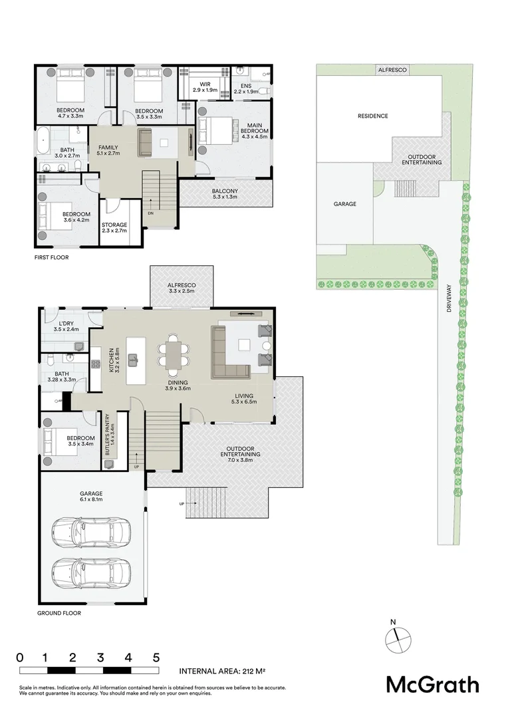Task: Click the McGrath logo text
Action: (432, 684)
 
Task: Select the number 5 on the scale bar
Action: (156, 658)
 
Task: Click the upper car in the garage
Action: (91, 532)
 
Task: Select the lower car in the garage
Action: (91, 572)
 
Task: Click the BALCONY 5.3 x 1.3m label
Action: (226, 194)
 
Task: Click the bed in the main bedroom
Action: (217, 130)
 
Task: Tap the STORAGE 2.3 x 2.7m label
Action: (114, 228)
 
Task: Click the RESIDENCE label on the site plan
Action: (372, 116)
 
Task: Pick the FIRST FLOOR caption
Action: (53, 257)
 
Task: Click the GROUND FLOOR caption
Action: (59, 613)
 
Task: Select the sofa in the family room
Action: (146, 142)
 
